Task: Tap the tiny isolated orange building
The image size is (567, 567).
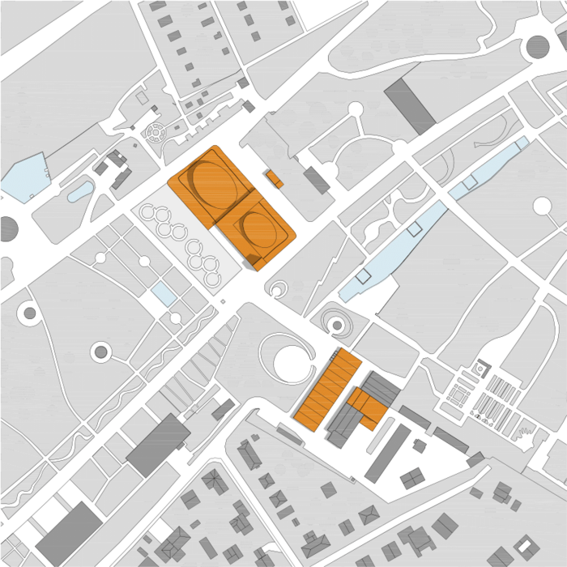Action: tap(274, 177)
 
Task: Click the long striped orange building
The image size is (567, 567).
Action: tap(327, 388)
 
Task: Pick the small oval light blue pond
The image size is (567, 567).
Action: tap(80, 191)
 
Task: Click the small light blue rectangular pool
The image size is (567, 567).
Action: tap(164, 293)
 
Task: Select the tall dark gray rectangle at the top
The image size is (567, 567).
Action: tap(410, 106)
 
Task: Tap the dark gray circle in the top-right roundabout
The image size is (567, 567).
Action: tap(537, 47)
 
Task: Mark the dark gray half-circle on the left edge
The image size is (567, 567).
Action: tap(7, 229)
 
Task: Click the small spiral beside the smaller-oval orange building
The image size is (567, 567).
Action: tap(278, 288)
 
